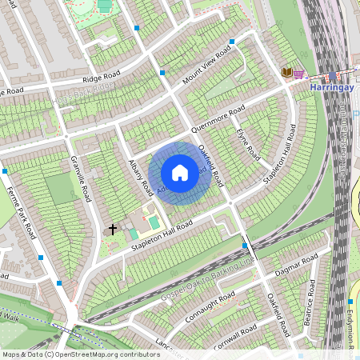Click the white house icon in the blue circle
point(180,173)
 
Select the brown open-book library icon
point(286,73)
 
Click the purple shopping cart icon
point(298,73)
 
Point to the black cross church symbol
point(113,230)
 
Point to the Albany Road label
point(141,177)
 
